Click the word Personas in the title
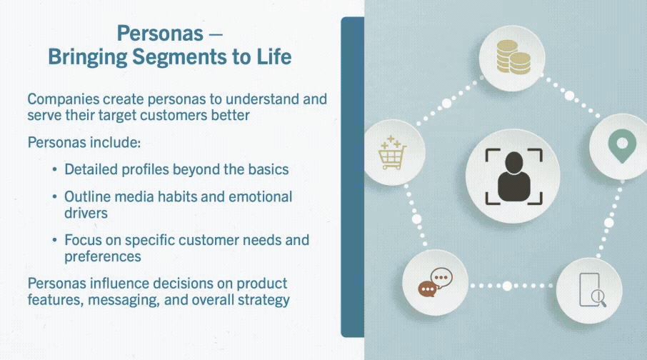coord(160,33)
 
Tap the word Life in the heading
coord(274,56)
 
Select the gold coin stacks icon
coord(513,57)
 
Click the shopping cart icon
coord(392,153)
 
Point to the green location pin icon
coord(622,146)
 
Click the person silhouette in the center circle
coord(513,176)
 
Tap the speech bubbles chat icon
coord(436,282)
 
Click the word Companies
coord(64,99)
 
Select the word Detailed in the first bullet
coord(91,169)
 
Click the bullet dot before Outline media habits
coord(54,196)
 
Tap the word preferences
coord(103,257)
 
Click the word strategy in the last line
coord(264,300)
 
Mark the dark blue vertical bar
coord(352,177)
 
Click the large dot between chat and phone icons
coord(507,286)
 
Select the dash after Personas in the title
coord(216,34)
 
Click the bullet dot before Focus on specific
coord(54,240)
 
